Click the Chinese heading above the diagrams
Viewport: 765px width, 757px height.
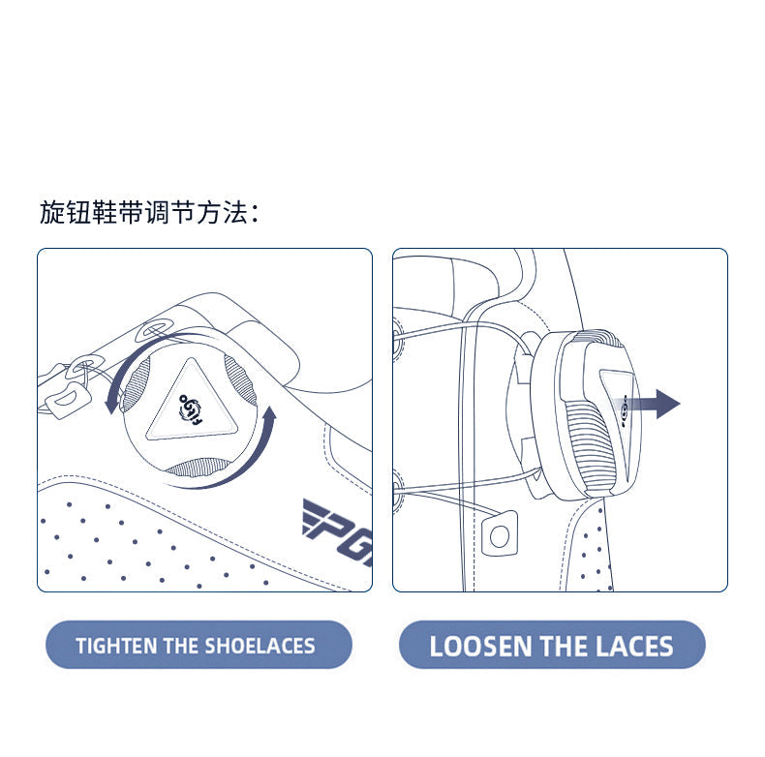(x=149, y=213)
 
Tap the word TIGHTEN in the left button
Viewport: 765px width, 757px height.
(x=116, y=646)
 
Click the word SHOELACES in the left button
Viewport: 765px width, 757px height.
(x=260, y=646)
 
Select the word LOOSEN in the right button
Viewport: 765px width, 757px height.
(x=480, y=647)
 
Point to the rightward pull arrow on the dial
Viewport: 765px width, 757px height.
(x=650, y=404)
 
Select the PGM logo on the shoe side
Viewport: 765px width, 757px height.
(x=338, y=532)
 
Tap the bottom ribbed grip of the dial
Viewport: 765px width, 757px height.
(x=199, y=468)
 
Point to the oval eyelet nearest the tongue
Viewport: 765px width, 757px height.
(x=155, y=329)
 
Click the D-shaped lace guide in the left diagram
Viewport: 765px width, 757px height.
(x=69, y=398)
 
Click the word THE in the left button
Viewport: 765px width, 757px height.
(x=181, y=646)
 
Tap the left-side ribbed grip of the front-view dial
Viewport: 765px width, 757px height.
(x=136, y=384)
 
